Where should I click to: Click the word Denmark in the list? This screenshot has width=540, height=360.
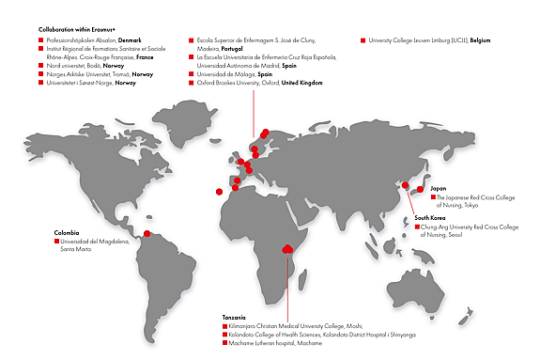point(129,40)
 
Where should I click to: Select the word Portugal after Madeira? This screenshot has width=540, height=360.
point(234,49)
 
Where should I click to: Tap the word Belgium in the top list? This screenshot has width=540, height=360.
point(478,40)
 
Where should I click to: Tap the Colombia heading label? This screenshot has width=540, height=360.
point(66,231)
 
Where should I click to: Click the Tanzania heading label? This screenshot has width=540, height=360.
point(236,317)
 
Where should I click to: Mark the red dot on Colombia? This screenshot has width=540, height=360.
point(147,234)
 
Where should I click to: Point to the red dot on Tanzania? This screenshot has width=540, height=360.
point(285,249)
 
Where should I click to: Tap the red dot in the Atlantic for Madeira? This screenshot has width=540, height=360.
point(219,192)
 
